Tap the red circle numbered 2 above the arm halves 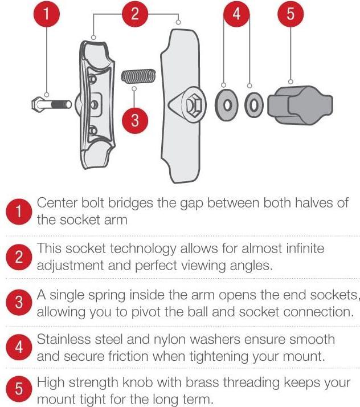point(135,14)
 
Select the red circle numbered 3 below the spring point(135,120)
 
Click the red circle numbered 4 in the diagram point(237,14)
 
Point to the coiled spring point(138,75)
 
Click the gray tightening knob point(300,104)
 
